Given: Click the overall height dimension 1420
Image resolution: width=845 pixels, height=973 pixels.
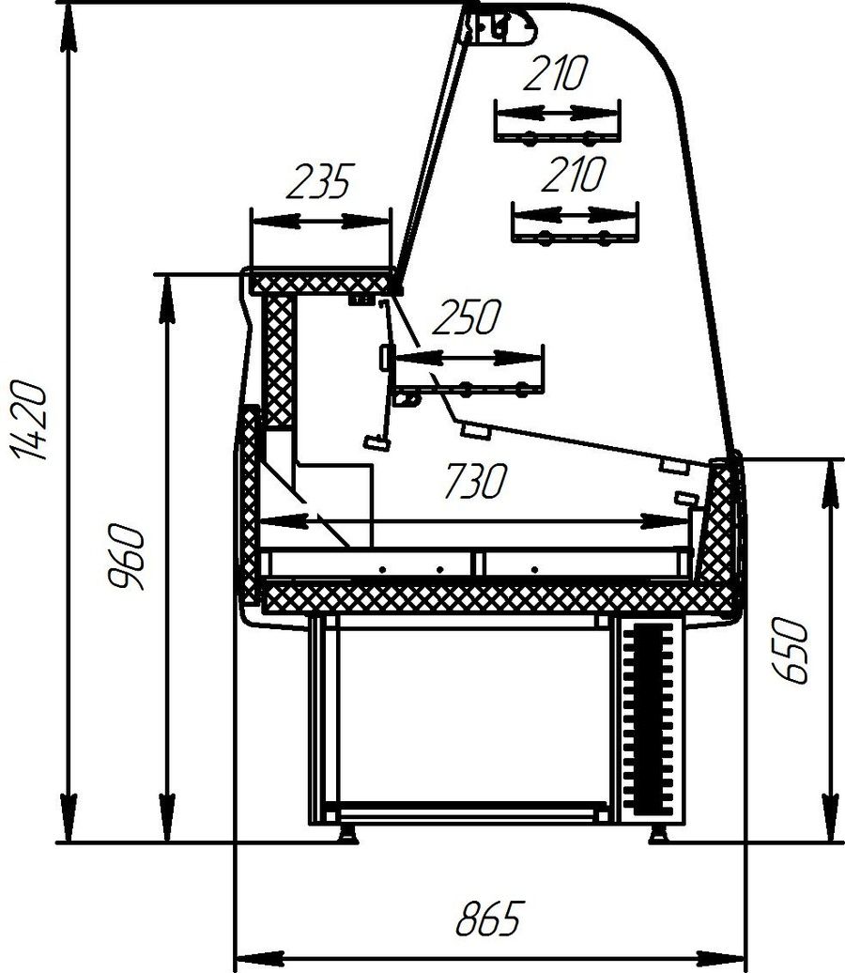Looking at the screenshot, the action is pyautogui.click(x=28, y=420).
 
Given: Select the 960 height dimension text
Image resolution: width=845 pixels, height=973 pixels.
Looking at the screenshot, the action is pyautogui.click(x=126, y=557).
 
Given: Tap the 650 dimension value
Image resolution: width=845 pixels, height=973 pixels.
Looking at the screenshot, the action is pyautogui.click(x=790, y=650).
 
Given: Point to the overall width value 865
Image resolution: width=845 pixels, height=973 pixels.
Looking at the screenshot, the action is pyautogui.click(x=490, y=919).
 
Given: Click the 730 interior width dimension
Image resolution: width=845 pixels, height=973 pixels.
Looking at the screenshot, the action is pyautogui.click(x=475, y=481).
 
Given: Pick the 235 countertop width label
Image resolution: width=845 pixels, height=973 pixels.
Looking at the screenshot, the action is pyautogui.click(x=320, y=181).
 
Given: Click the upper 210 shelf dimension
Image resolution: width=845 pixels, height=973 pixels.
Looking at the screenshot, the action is pyautogui.click(x=555, y=72).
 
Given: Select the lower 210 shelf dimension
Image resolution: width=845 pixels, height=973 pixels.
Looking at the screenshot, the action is pyautogui.click(x=573, y=175).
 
